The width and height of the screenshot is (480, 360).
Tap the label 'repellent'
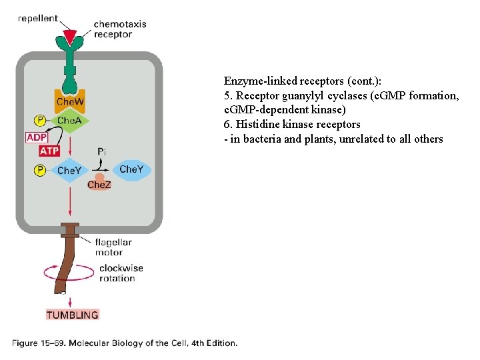tap(37, 19)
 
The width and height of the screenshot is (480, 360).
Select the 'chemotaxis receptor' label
tap(119, 29)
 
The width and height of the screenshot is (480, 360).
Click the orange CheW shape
tap(69, 101)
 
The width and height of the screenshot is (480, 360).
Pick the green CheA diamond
tap(69, 121)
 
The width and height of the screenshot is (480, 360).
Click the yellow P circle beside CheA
tap(40, 121)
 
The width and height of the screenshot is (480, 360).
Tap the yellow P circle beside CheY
tap(40, 170)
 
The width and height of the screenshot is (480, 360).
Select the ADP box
tap(37, 137)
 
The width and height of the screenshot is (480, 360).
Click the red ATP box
tap(49, 151)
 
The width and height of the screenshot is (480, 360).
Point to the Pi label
tap(101, 152)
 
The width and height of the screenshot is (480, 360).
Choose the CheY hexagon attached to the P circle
tap(69, 170)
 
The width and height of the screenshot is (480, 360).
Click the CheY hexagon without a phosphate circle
tap(131, 169)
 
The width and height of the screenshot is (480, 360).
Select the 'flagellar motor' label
tap(113, 247)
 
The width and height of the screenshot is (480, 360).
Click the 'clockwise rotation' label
tap(121, 273)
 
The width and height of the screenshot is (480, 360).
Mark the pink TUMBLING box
tap(72, 315)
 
